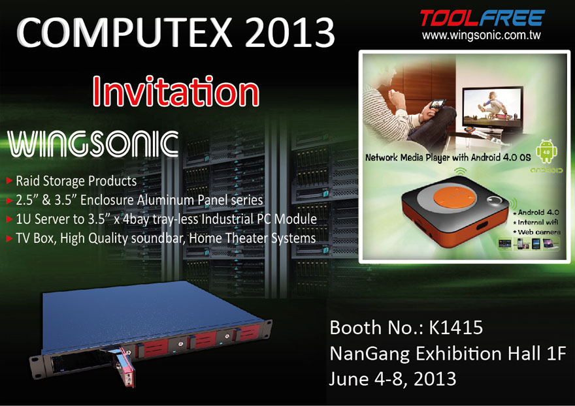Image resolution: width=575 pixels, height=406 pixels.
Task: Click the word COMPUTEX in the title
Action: (x=124, y=32)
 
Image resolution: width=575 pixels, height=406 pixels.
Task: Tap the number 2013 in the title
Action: (x=289, y=32)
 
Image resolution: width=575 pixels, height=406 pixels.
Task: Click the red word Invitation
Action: (x=176, y=91)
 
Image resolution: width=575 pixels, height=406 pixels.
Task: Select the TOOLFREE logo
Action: (x=483, y=18)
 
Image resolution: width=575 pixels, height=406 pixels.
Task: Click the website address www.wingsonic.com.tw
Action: (x=481, y=35)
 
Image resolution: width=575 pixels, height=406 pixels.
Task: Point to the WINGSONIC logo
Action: (x=93, y=144)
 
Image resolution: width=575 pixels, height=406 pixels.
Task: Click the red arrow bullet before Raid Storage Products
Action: (x=10, y=180)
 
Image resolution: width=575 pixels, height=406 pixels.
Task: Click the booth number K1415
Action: (x=456, y=327)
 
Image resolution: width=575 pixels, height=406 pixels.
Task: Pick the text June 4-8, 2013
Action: (x=393, y=379)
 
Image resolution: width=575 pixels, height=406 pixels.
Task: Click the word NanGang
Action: (x=369, y=354)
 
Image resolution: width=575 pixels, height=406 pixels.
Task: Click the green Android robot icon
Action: (x=546, y=151)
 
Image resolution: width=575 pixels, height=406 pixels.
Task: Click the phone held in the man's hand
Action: (x=438, y=104)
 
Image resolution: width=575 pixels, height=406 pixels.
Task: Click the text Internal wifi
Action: (x=536, y=222)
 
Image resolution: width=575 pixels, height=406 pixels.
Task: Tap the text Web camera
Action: (x=536, y=232)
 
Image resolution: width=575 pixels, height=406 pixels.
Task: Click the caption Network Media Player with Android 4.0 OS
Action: (x=448, y=157)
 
